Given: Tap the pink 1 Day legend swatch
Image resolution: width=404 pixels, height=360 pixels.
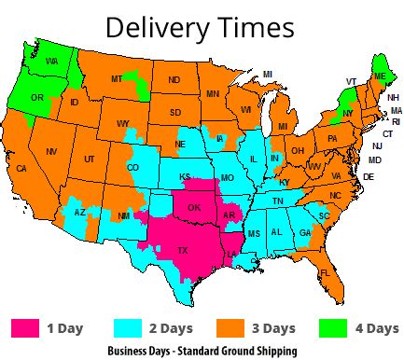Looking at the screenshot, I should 26,327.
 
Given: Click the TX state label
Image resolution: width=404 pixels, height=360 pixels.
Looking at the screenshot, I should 184,251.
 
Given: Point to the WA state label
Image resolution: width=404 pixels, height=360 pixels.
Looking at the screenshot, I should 51,62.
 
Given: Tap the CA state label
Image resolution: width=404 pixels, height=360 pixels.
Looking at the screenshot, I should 21,169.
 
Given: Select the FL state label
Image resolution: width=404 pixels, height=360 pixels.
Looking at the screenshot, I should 325,272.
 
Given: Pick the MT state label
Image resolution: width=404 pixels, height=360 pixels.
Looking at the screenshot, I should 117,79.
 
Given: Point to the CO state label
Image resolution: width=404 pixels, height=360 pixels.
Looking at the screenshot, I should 132,168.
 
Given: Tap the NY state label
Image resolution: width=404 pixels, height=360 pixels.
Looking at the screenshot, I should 348,112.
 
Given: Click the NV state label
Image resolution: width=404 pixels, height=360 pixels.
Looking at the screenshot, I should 51,151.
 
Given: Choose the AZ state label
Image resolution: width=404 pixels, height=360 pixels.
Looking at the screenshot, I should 80,213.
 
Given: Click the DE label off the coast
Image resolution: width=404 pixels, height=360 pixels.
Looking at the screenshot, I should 368,176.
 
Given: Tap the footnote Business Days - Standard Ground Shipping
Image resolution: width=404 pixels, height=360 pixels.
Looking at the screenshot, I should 202,352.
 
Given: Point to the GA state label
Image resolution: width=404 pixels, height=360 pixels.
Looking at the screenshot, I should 305,232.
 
